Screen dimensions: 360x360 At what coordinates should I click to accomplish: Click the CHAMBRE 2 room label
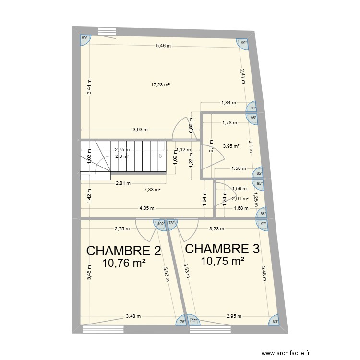click(123, 251)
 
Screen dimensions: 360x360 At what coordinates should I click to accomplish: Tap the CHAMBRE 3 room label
click(222, 249)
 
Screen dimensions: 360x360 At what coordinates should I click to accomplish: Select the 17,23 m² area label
click(161, 85)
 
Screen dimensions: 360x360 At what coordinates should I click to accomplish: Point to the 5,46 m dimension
click(163, 46)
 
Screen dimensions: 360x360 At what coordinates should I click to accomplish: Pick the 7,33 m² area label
click(152, 190)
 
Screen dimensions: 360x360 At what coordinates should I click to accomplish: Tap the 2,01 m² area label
click(240, 198)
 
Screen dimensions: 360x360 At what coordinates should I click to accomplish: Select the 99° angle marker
click(243, 43)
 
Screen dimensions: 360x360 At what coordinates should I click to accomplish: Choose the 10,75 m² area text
click(222, 261)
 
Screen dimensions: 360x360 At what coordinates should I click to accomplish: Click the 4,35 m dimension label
click(147, 208)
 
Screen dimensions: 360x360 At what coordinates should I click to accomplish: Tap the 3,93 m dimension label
click(140, 129)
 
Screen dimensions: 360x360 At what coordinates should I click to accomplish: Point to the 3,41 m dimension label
click(89, 86)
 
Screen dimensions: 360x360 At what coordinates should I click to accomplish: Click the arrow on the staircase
click(161, 156)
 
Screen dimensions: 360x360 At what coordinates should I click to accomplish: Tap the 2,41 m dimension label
click(243, 76)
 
